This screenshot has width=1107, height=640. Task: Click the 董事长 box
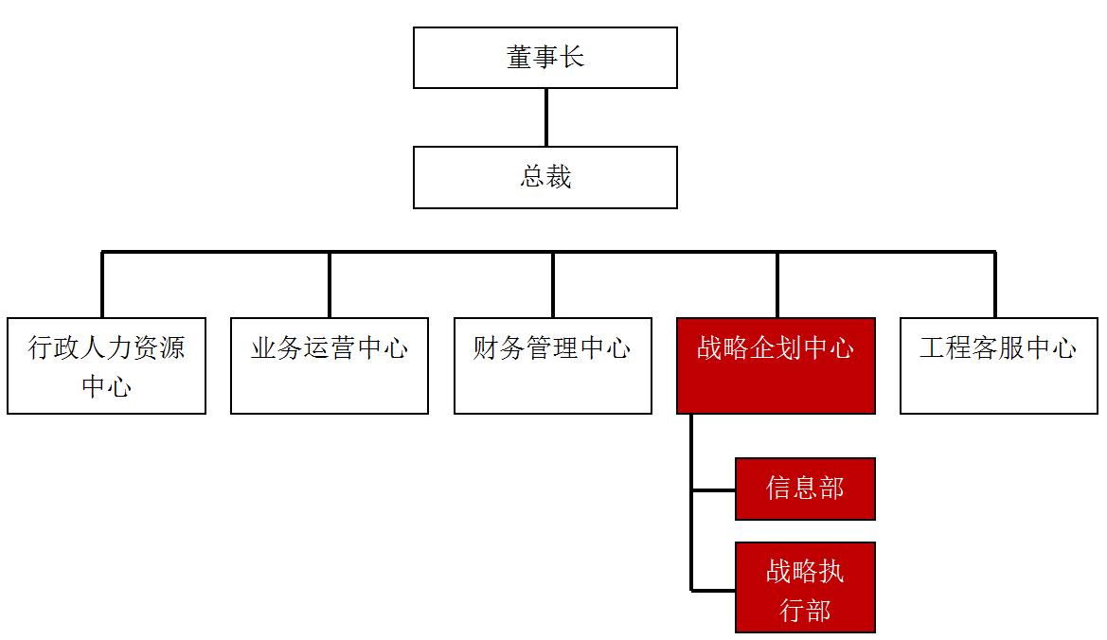pyautogui.click(x=545, y=58)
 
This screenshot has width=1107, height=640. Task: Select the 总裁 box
pyautogui.click(x=545, y=177)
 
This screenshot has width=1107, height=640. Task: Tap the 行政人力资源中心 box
pyautogui.click(x=106, y=365)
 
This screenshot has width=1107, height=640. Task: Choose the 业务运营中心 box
pyautogui.click(x=329, y=365)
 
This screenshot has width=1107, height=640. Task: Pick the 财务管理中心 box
pyautogui.click(x=552, y=365)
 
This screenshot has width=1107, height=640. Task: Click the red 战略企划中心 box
pyautogui.click(x=776, y=365)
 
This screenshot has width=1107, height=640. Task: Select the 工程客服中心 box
pyautogui.click(x=998, y=365)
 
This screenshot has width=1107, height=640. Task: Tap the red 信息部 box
pyautogui.click(x=805, y=489)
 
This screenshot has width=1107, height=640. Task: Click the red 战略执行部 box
pyautogui.click(x=805, y=587)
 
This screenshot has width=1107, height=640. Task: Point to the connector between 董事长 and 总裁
pyautogui.click(x=545, y=117)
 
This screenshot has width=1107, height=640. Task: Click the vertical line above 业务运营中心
pyautogui.click(x=330, y=284)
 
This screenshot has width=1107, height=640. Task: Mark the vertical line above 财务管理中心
pyautogui.click(x=553, y=284)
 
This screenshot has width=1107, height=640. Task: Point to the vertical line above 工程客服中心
pyautogui.click(x=994, y=284)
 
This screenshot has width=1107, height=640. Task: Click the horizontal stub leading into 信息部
pyautogui.click(x=714, y=490)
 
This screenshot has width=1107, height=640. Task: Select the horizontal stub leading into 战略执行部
pyautogui.click(x=714, y=589)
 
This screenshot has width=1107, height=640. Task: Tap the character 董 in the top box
pyautogui.click(x=518, y=58)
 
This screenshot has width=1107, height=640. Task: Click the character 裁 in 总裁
pyautogui.click(x=559, y=177)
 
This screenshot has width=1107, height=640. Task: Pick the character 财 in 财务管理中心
pyautogui.click(x=486, y=348)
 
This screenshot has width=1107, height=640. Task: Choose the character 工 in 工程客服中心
pyautogui.click(x=932, y=348)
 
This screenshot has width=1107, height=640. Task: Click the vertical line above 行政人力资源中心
pyautogui.click(x=102, y=284)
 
